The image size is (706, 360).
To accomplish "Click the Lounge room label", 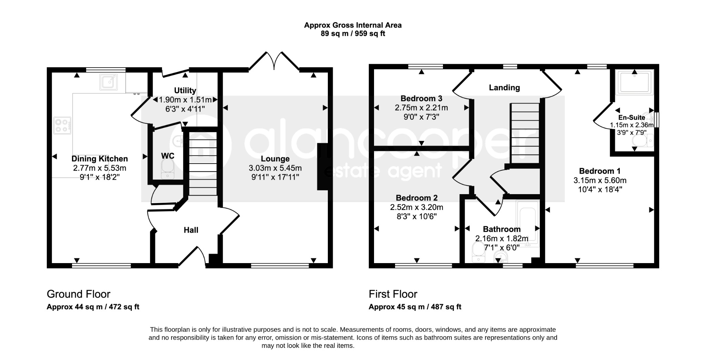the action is [x=275, y=159].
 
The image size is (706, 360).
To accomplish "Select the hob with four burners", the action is [x=62, y=126].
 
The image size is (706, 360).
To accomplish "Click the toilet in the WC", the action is [x=168, y=169].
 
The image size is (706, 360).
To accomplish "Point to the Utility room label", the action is [x=185, y=91].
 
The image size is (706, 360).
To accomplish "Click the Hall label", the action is [x=191, y=230].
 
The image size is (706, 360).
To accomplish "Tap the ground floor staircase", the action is [x=203, y=164].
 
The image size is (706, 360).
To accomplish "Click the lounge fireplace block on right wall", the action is [x=322, y=167].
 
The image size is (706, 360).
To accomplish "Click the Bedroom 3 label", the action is [x=421, y=99].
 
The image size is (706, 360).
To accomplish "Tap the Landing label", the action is [x=504, y=88].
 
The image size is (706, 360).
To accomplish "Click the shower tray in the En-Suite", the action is [x=634, y=82].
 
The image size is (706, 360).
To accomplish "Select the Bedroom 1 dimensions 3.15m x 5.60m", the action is [x=600, y=180].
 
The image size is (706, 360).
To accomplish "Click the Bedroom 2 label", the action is [x=417, y=198].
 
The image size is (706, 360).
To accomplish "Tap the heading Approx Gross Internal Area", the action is [x=353, y=25].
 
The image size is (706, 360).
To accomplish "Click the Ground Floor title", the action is [x=79, y=294].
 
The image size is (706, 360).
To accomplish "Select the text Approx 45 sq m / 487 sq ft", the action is [x=415, y=307].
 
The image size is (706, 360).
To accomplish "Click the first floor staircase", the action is [x=525, y=133].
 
